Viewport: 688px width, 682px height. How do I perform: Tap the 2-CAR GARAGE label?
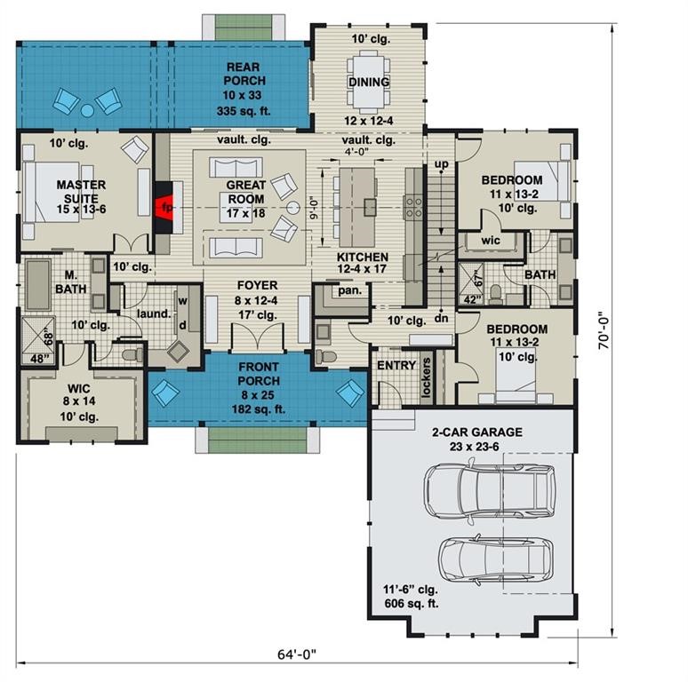(476, 432)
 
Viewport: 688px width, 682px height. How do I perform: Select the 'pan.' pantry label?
(347, 290)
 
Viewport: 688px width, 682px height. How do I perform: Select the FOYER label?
(257, 285)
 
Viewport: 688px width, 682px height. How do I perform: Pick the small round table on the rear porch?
(88, 110)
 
